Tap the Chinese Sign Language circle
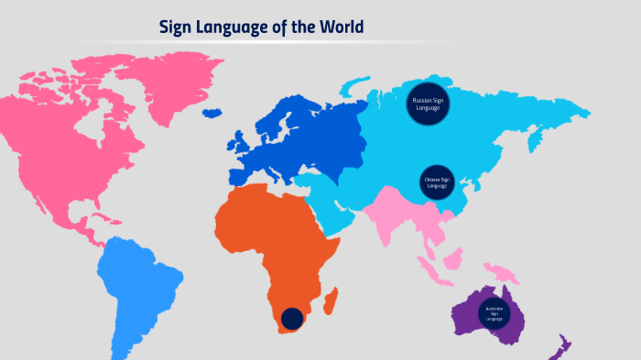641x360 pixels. tap(435, 180)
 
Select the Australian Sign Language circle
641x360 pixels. tap(494, 312)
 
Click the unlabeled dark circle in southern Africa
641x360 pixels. tap(291, 318)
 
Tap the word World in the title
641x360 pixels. tap(342, 27)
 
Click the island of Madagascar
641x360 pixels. tap(332, 300)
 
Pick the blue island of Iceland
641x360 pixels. tap(214, 114)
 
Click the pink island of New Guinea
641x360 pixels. tap(502, 272)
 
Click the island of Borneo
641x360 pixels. tap(451, 260)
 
